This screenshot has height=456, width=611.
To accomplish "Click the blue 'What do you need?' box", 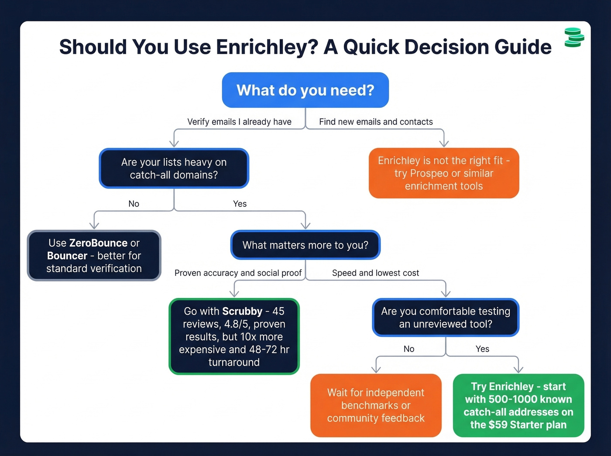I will [305, 90].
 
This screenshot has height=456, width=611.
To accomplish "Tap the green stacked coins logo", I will [574, 38].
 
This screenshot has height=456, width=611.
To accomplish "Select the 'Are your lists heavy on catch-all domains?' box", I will [174, 168].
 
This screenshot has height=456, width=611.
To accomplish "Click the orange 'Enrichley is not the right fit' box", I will [444, 173].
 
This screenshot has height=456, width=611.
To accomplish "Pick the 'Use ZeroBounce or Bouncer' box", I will [94, 256].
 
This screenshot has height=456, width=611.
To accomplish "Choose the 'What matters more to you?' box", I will [305, 245].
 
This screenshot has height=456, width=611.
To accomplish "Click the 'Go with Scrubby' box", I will [234, 336].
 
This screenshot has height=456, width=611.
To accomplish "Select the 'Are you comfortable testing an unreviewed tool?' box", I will [445, 318].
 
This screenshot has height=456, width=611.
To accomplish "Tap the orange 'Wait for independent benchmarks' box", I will [376, 405].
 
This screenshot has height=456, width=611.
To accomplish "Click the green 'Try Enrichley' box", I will [518, 405].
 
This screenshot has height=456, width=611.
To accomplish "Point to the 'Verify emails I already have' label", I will [239, 122].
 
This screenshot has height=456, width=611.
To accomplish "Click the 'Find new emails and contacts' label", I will [376, 122].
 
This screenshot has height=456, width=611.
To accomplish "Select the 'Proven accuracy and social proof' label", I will [238, 273].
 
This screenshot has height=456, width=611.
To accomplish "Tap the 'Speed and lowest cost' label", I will [375, 273].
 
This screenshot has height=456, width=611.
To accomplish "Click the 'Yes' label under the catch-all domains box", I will [240, 204].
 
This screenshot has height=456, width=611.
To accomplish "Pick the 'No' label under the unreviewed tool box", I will [409, 349].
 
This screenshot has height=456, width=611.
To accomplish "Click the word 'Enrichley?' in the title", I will [267, 47].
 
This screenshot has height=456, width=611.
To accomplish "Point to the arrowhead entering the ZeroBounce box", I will [94, 225].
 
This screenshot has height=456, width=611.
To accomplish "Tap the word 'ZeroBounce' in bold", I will [98, 243].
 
